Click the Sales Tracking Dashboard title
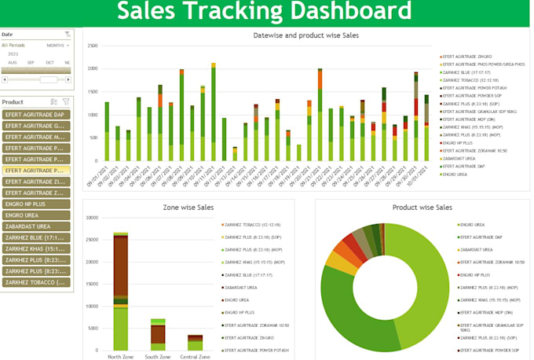click(x=264, y=12)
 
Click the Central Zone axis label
click(x=196, y=356)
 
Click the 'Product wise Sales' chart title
click(x=422, y=208)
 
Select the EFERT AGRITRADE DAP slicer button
click(x=36, y=115)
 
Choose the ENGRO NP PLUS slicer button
click(x=36, y=204)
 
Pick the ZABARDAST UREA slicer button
click(x=36, y=226)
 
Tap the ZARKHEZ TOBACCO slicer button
click(x=36, y=282)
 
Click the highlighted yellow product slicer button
click(x=36, y=171)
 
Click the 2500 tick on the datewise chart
click(x=93, y=46)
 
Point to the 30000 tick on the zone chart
click(x=91, y=218)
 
